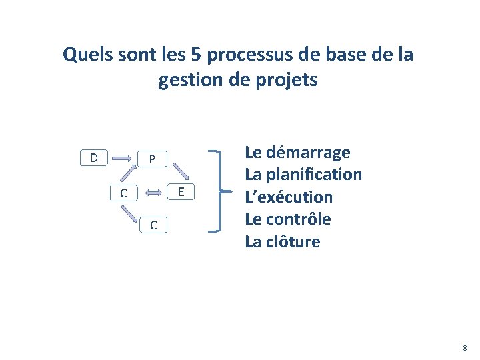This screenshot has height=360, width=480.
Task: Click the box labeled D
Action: (x=94, y=158)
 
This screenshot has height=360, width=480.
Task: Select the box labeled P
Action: (x=152, y=159)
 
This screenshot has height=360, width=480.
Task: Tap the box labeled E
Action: (x=181, y=192)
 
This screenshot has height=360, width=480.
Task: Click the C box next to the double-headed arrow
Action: (x=123, y=193)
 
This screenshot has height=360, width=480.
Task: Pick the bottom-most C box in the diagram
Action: (x=153, y=225)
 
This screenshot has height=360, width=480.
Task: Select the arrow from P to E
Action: (x=171, y=175)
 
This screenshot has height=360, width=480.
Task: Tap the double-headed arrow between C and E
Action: (x=152, y=193)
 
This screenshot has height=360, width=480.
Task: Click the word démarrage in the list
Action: (x=307, y=153)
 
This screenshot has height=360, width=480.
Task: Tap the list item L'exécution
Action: (x=289, y=197)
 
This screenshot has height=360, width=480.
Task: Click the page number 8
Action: (x=465, y=348)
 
